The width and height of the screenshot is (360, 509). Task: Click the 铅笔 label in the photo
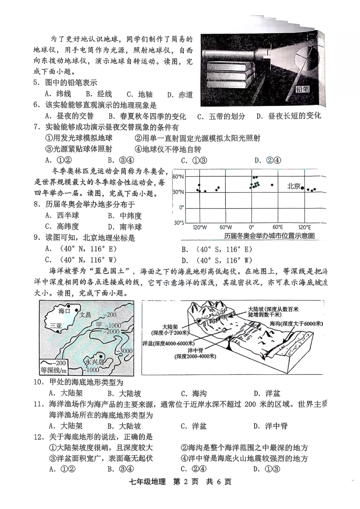(x=303, y=89)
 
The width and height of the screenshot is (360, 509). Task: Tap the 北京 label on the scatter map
(x=293, y=186)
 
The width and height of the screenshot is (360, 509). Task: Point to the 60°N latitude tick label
(x=178, y=177)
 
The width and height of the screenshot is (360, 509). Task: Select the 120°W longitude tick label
(x=200, y=227)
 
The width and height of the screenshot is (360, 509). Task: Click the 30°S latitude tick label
(x=179, y=222)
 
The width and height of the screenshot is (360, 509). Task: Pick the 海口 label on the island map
(x=64, y=311)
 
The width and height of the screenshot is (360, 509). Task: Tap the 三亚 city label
(x=55, y=326)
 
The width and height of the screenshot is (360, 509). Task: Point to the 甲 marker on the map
(x=99, y=324)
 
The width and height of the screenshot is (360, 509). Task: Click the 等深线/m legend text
(x=53, y=371)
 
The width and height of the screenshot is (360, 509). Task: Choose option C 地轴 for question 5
(x=139, y=94)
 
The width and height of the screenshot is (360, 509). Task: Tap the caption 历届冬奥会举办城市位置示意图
(x=269, y=236)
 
